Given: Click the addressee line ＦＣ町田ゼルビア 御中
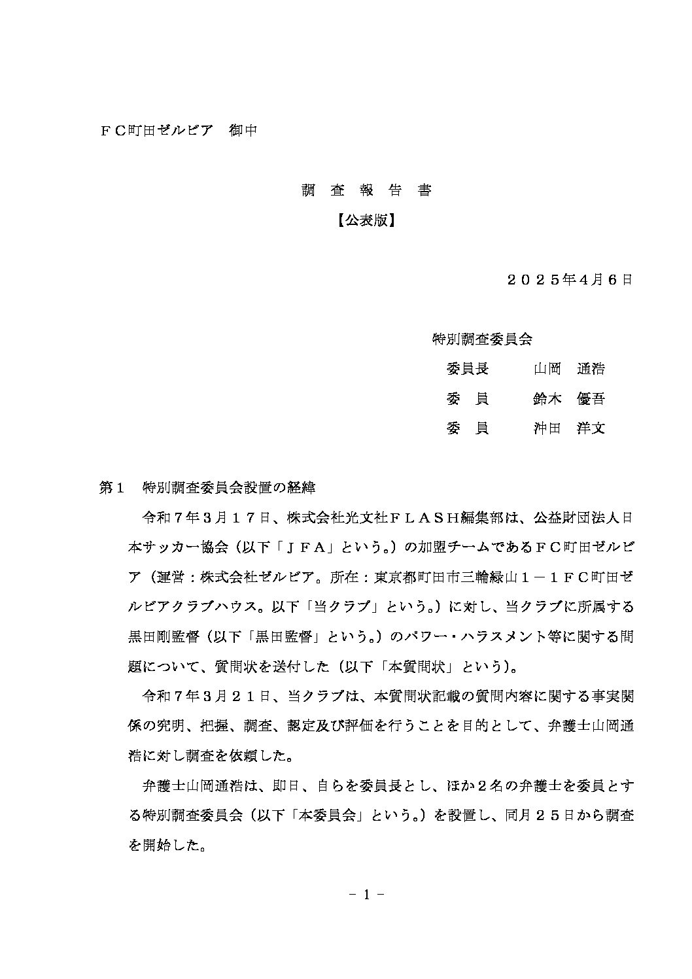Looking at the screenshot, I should coord(177,131).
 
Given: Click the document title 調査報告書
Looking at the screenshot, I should coord(366,190).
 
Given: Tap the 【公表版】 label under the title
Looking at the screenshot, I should coord(366,220).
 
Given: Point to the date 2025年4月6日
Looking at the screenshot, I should coord(570,280).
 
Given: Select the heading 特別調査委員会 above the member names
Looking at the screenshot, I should coord(483,339).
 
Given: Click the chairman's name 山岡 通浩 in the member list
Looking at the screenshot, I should coord(569,369).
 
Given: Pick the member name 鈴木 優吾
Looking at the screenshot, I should coord(569,399).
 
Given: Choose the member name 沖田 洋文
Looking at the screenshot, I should coord(569,429).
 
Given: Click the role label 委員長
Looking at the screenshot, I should coord(467,369).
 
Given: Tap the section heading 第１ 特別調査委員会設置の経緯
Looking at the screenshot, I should coord(207,487).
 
